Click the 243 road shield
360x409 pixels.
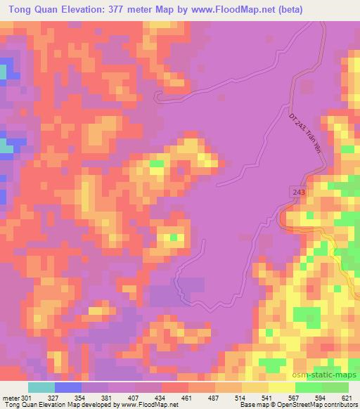tap(298, 192)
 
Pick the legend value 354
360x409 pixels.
tap(82, 397)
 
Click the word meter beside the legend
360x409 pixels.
tap(10, 397)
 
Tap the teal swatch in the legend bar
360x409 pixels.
tap(41, 387)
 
